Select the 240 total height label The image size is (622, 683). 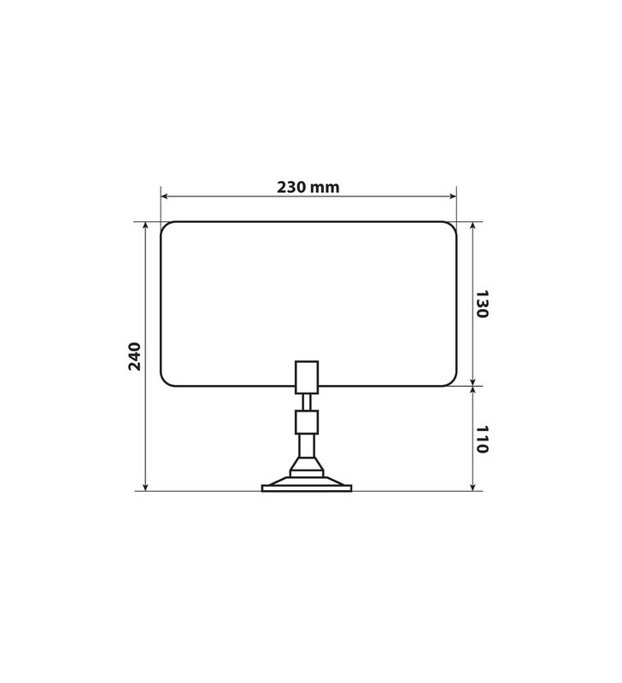point(135,355)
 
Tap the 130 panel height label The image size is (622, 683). point(482,304)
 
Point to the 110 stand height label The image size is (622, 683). point(482,439)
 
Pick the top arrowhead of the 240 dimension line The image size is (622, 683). point(146,226)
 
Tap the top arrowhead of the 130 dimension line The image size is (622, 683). point(472,226)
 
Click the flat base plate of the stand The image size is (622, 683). point(306,488)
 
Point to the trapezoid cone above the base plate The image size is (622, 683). point(306,465)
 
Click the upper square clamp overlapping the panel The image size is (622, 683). point(306,377)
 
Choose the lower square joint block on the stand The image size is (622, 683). point(306,422)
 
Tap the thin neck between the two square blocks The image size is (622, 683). point(306,402)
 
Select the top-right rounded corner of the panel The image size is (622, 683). point(451,227)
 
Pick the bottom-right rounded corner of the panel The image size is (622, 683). point(451,381)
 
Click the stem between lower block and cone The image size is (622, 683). point(306,445)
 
